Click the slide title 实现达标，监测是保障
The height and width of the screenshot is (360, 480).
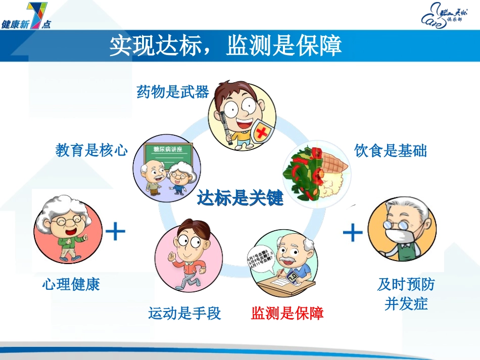coord(226,46)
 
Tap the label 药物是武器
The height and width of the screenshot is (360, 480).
coord(172,92)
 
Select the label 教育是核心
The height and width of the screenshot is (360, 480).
coord(91,150)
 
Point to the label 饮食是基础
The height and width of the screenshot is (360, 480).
coord(391,151)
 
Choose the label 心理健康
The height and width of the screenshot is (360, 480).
coord(71,284)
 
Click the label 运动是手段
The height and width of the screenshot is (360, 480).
coord(184,314)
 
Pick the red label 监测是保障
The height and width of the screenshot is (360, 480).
coord(287,314)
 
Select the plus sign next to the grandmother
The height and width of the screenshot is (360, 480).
coord(116,232)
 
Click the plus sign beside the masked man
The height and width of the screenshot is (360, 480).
coord(353,233)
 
